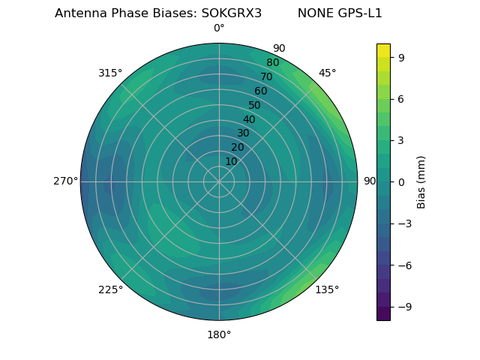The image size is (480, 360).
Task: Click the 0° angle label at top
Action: [x=219, y=28]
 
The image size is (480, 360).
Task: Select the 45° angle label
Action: [x=328, y=73]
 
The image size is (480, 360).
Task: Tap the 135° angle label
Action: [x=327, y=289]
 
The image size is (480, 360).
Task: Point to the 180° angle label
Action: [x=219, y=334]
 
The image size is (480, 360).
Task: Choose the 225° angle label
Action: [x=110, y=289]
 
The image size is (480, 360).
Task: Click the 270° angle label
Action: [x=65, y=181]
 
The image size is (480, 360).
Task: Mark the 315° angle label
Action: [x=110, y=73]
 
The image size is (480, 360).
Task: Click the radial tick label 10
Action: [x=231, y=161]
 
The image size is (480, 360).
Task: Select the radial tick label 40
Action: [x=249, y=120]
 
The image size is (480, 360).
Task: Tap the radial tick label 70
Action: [x=266, y=77]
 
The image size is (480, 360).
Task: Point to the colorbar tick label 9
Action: [x=401, y=57]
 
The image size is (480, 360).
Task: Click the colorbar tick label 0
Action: [x=401, y=182]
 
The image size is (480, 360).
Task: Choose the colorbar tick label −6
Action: [x=403, y=265]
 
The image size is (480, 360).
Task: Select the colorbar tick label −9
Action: [x=403, y=307]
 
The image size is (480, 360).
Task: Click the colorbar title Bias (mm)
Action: [x=421, y=182]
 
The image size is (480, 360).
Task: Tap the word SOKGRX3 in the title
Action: [x=232, y=13]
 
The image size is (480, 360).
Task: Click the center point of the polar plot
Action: [x=219, y=181]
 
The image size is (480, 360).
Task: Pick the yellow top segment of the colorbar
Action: [x=383, y=49]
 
